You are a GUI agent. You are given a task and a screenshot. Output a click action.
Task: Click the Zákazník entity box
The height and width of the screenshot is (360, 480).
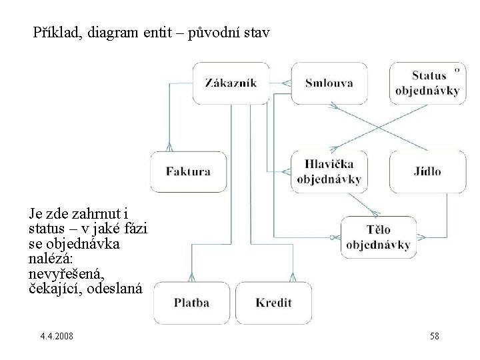pyautogui.click(x=231, y=83)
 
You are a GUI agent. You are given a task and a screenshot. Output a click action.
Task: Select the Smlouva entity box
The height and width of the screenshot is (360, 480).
pyautogui.click(x=329, y=83)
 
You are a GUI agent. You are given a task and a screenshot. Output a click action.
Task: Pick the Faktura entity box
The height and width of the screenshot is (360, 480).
pyautogui.click(x=189, y=171)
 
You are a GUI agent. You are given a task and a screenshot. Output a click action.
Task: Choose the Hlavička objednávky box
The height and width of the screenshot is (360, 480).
pyautogui.click(x=329, y=171)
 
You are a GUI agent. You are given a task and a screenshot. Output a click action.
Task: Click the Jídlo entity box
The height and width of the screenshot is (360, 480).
pyautogui.click(x=427, y=171)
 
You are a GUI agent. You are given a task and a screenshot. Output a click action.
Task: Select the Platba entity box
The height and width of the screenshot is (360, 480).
pyautogui.click(x=191, y=303)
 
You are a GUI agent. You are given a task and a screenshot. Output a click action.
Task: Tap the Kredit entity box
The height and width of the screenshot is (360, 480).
pyautogui.click(x=273, y=303)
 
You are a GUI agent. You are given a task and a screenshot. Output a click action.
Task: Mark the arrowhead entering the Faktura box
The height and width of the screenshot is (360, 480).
pyautogui.click(x=171, y=148)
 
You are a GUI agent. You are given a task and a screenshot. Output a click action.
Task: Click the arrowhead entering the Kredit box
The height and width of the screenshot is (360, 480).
pyautogui.click(x=291, y=277)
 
